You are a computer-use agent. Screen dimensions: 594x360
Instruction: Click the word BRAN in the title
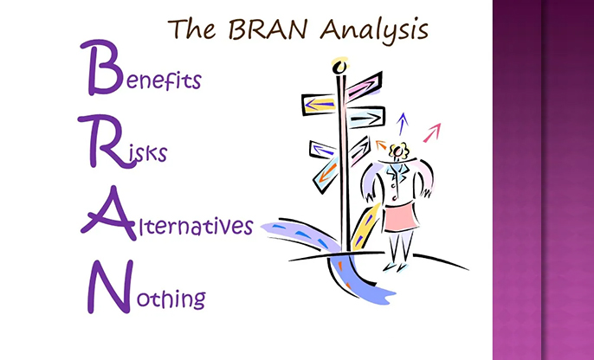click(267, 29)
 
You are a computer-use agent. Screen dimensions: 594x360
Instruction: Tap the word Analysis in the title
click(374, 30)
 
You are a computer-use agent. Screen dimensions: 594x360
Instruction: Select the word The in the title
click(191, 29)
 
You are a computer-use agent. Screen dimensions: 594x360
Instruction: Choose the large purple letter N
click(110, 286)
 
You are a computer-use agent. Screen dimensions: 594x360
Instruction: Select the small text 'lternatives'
click(194, 226)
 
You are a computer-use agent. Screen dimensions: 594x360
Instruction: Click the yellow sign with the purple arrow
click(319, 104)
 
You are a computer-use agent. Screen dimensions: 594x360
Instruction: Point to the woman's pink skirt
click(401, 217)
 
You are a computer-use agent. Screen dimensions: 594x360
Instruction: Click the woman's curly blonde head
click(398, 151)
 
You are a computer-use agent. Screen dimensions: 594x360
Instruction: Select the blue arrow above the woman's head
click(403, 124)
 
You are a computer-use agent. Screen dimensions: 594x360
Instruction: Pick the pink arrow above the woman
click(432, 132)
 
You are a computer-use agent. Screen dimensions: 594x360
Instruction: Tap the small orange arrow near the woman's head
click(381, 145)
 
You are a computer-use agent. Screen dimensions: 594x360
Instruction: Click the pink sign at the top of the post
click(364, 87)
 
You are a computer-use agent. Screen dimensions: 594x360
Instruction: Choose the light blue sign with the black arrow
click(365, 118)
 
